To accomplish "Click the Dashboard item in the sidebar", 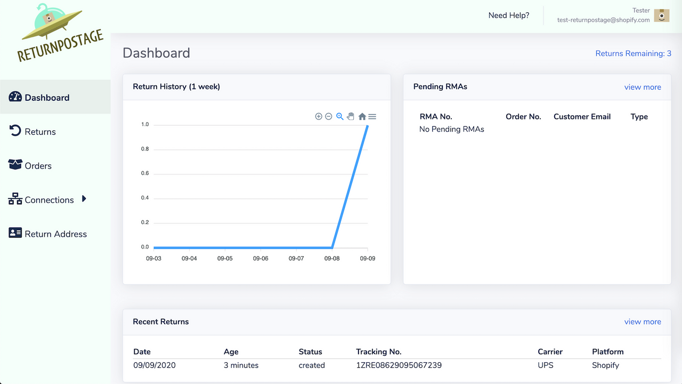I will [47, 98].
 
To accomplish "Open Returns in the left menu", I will [40, 132].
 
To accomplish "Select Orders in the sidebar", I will [38, 166].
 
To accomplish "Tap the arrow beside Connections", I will [84, 199].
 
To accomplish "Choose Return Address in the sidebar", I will [55, 234].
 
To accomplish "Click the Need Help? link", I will [509, 15].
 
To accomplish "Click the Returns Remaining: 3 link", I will [633, 53].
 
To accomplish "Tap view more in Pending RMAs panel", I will [643, 87].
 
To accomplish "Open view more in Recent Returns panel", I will [643, 322].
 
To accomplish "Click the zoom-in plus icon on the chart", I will [319, 116].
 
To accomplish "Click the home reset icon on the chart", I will [362, 116].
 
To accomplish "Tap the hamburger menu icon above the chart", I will [372, 116].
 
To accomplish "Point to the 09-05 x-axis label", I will [225, 259].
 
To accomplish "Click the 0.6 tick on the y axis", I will [145, 173].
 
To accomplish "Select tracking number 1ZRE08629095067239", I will [399, 365].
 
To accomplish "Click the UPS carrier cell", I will [546, 365].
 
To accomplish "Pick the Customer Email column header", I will [582, 117].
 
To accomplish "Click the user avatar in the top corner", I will [662, 15].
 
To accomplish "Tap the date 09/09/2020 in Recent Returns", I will [155, 365].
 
